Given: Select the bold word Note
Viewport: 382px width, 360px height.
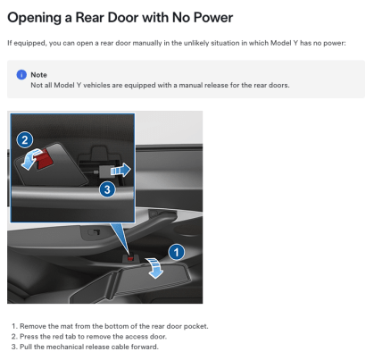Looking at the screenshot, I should point(38,75).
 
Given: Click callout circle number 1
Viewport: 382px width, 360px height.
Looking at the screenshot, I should point(177,252).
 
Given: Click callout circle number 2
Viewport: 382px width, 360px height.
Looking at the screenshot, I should point(25,139).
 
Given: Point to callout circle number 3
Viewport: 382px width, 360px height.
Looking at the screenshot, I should point(106,188).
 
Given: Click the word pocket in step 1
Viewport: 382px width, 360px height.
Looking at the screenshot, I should point(195,326).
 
